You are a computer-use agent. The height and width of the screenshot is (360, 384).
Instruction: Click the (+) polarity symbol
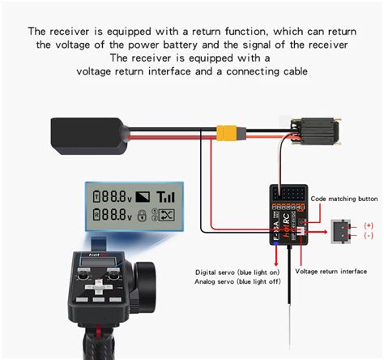(369, 225)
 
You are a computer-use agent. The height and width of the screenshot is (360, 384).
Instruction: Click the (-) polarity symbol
(369, 236)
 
